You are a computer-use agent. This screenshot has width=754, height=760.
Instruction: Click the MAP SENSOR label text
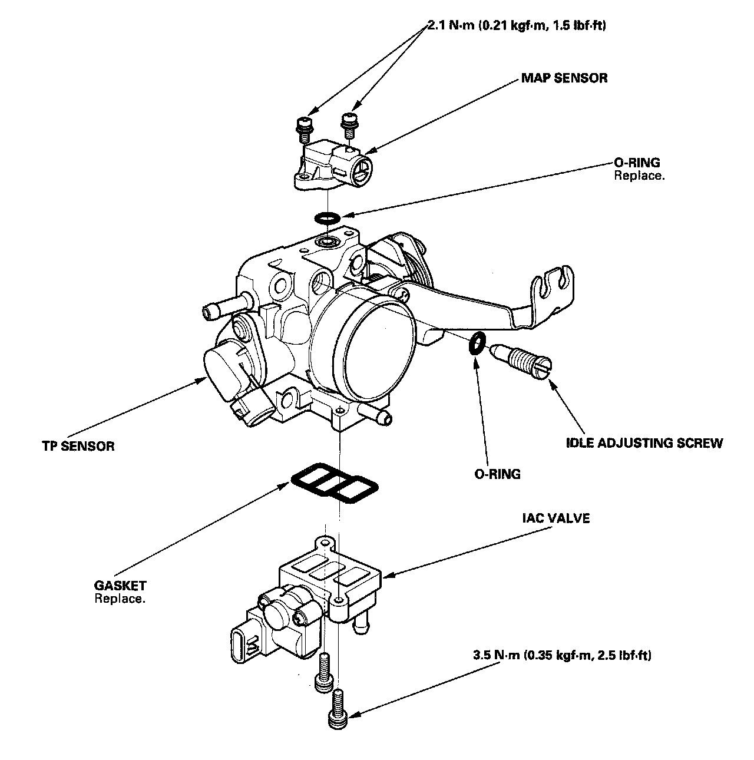tap(564, 78)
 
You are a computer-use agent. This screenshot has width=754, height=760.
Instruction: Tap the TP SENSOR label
tap(78, 445)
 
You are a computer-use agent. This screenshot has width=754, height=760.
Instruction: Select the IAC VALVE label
tap(555, 518)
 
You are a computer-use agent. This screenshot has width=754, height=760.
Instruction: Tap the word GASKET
tap(120, 586)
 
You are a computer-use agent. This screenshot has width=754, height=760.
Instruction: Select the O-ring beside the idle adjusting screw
tap(477, 343)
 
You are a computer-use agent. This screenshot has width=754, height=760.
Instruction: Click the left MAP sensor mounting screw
tap(304, 127)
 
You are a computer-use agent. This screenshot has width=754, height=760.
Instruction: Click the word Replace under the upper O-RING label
tap(639, 176)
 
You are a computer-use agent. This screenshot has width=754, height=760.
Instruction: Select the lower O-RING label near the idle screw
tap(498, 474)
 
